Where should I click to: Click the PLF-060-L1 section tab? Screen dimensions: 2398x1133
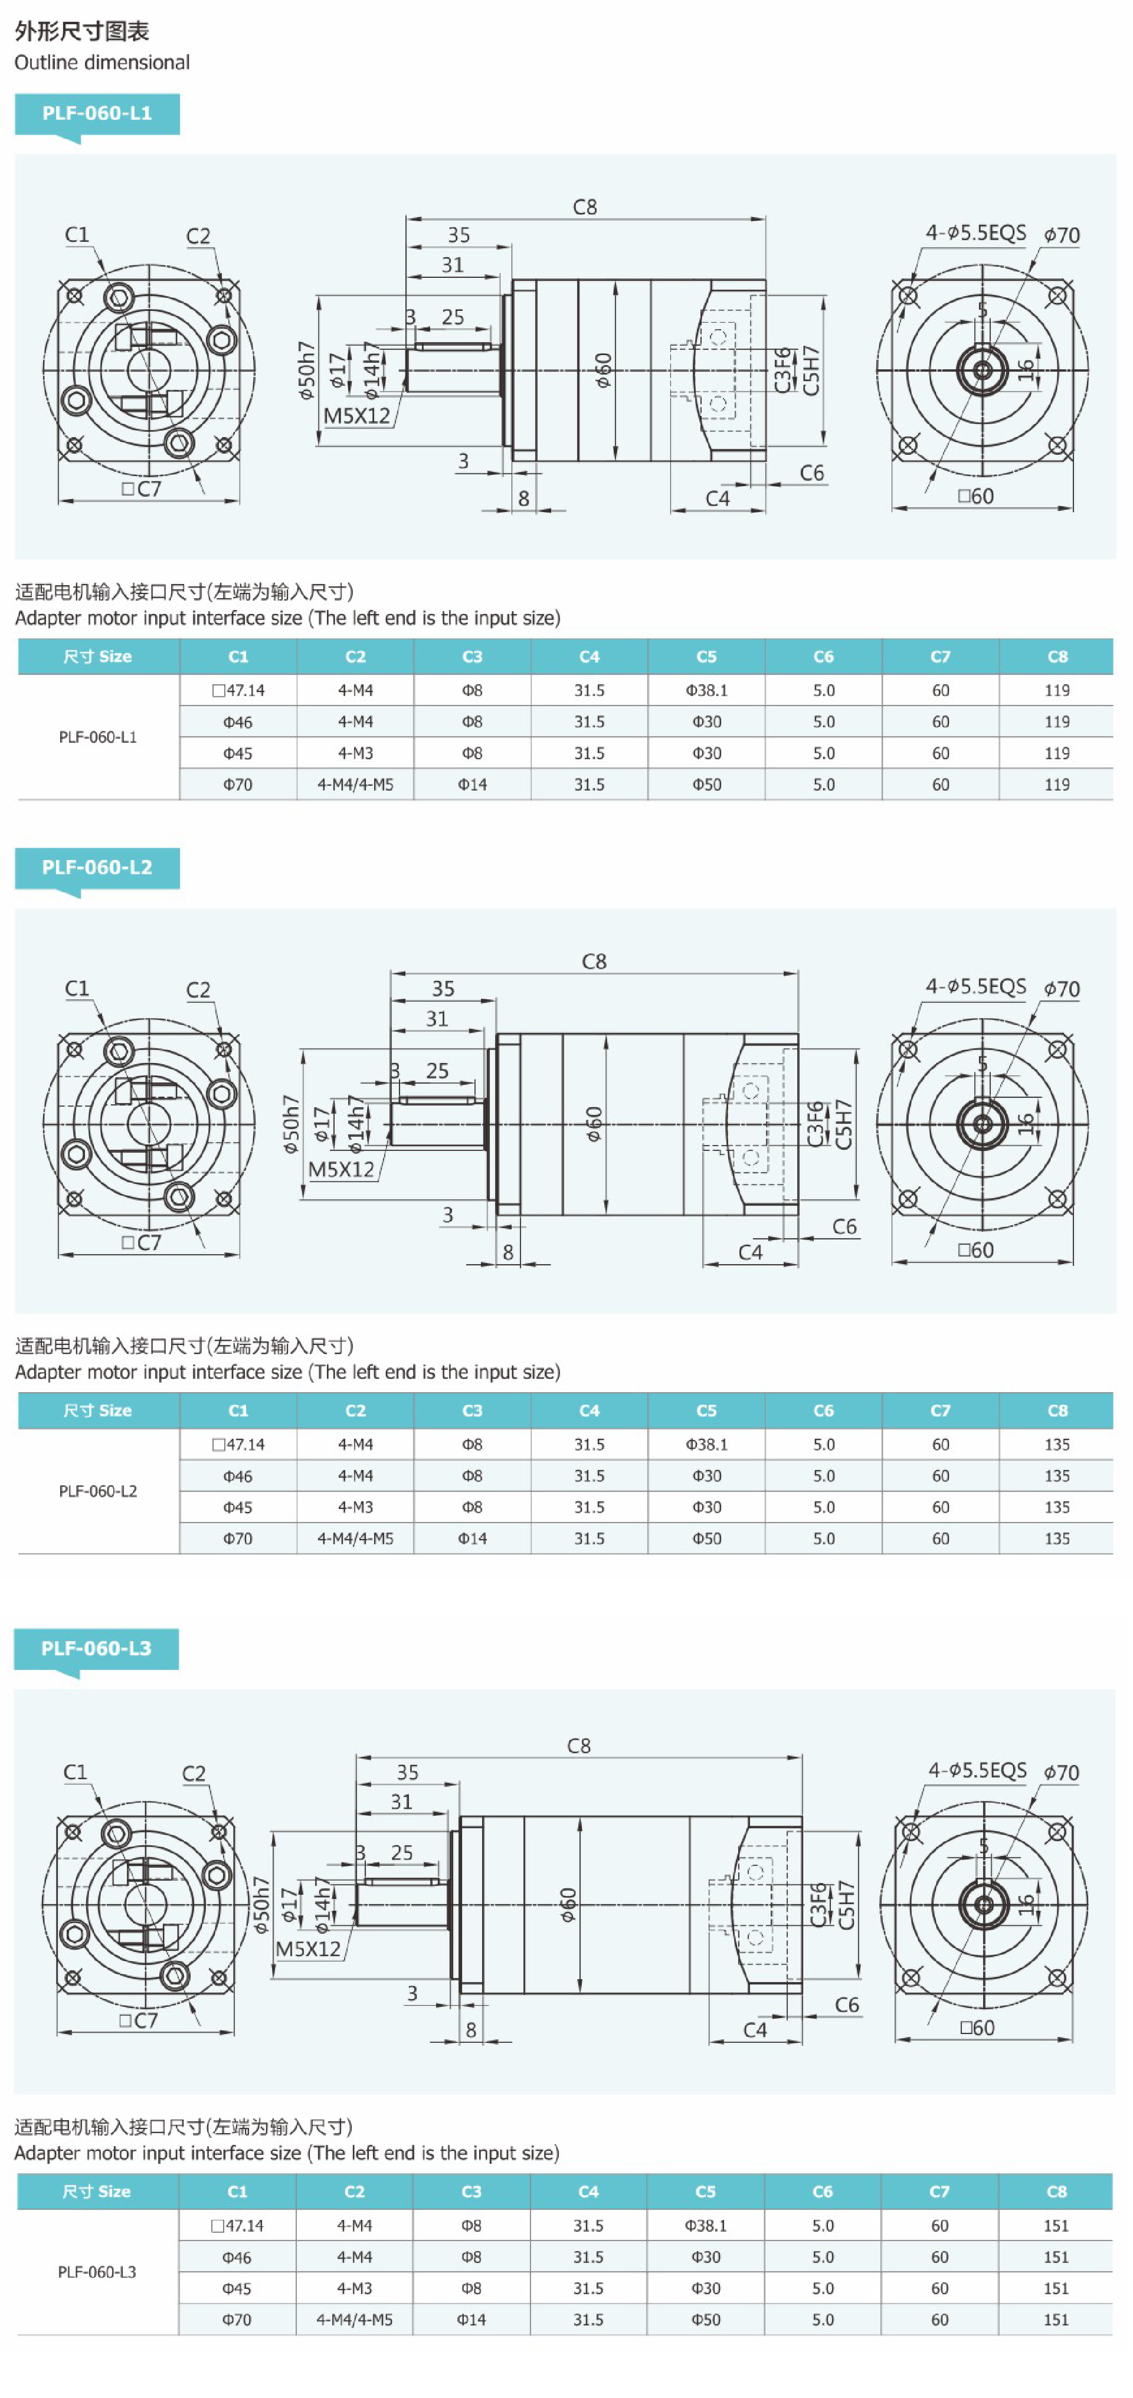97,114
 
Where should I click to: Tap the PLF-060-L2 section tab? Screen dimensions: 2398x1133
97,868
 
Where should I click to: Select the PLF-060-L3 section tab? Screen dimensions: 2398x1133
96,1649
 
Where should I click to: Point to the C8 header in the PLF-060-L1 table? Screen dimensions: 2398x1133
1057,657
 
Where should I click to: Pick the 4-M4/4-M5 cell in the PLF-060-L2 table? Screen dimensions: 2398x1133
355,1538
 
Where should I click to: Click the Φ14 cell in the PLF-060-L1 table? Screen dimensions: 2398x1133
472,785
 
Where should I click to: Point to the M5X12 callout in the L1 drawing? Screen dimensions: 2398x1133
356,416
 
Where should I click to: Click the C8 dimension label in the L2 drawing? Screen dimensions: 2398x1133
594,961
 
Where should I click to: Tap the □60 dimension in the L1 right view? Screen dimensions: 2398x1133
975,496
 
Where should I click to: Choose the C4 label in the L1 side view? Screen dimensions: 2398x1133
717,499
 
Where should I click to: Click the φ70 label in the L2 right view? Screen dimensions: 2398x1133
1062,989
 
